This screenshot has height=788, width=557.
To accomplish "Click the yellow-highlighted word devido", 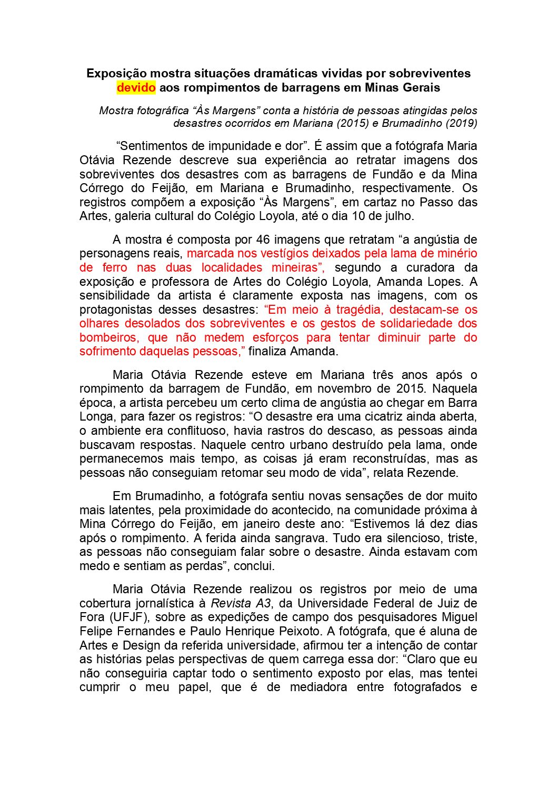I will (x=136, y=87).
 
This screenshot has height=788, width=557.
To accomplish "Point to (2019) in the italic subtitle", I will (x=460, y=124).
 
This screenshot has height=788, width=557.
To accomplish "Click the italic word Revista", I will (x=230, y=603).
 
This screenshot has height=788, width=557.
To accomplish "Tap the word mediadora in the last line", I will (x=319, y=687).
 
